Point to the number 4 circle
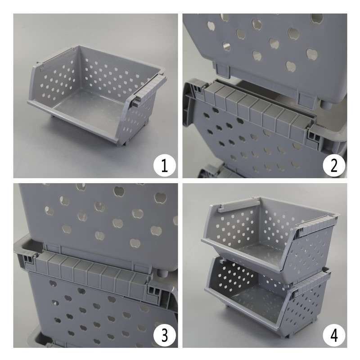[334, 336]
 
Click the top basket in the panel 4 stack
[270, 234]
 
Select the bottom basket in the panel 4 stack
[265, 301]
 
